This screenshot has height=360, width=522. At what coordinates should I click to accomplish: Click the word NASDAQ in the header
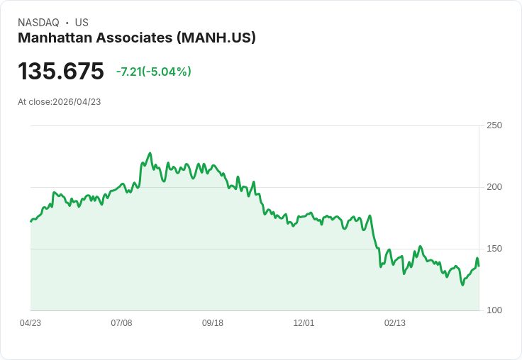(x=38, y=23)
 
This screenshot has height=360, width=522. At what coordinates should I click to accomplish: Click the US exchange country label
(x=82, y=23)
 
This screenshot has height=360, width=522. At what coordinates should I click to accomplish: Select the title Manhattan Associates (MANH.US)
(x=136, y=38)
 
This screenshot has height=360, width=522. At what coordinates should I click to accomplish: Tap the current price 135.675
(x=61, y=72)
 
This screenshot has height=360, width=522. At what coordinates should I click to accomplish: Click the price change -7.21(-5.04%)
(x=154, y=72)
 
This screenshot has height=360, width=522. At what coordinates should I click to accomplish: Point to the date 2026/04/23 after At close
(x=77, y=102)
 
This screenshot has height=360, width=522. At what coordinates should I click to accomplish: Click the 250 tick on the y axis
(x=494, y=125)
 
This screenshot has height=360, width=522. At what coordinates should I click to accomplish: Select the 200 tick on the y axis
(x=494, y=187)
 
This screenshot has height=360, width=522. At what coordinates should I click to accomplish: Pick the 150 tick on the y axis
(x=494, y=249)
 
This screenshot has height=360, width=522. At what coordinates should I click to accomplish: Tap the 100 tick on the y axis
(x=494, y=310)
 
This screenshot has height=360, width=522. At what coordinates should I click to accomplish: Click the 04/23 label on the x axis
(x=30, y=323)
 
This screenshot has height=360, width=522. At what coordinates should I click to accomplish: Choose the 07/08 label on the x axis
(x=121, y=323)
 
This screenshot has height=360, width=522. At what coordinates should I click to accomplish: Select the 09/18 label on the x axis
(x=213, y=323)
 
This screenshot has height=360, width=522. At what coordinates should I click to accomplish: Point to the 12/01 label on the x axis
(x=304, y=323)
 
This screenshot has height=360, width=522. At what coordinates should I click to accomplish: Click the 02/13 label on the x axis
(x=395, y=323)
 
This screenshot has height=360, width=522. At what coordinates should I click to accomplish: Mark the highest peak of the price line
(x=150, y=153)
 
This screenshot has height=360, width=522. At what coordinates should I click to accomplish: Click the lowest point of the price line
(x=462, y=285)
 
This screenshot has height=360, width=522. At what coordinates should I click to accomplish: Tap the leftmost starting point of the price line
(x=30, y=222)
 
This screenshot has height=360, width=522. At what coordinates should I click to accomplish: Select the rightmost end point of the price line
(x=479, y=266)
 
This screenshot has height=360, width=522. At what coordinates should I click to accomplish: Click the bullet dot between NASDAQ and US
(x=67, y=23)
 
